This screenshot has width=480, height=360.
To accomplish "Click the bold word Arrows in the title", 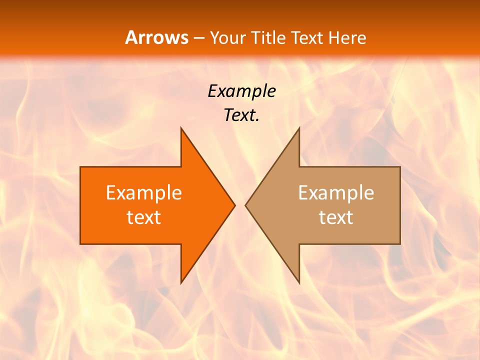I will click(156, 37).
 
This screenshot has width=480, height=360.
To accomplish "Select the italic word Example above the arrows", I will click(241, 91).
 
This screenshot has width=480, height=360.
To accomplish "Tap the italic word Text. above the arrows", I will click(241, 115).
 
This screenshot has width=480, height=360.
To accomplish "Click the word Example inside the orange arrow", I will click(144, 192).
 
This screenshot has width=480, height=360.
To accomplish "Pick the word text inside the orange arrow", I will click(144, 217).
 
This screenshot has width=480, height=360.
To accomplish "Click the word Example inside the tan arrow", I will click(336, 192).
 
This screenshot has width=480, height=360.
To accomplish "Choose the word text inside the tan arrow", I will click(336, 217).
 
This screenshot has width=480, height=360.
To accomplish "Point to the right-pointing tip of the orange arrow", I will click(234, 205).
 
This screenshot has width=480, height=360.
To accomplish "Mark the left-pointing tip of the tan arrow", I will click(245, 205).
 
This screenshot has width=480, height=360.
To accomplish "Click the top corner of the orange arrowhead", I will click(181, 128).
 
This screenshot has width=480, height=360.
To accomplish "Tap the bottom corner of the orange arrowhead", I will click(181, 282).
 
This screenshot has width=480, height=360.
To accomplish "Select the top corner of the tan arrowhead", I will click(299, 128).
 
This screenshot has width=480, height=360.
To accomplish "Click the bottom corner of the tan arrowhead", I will click(299, 282).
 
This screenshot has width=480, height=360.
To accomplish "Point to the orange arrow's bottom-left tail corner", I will click(81, 243).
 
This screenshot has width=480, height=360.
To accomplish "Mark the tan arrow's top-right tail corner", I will click(400, 167).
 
